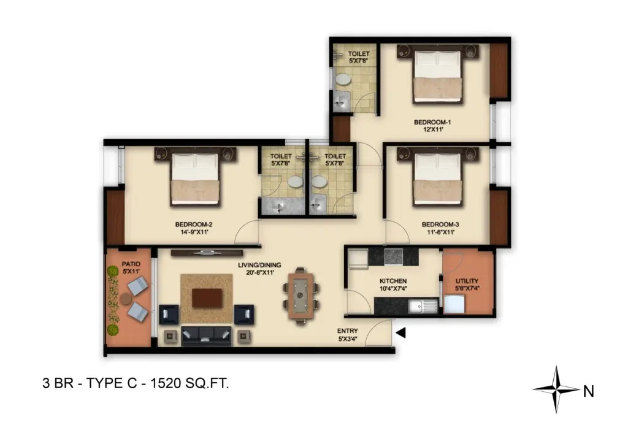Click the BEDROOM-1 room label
click(432, 122)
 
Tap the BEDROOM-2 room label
click(194, 224)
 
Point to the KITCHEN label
click(393, 281)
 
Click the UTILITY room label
click(467, 281)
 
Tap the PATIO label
click(131, 264)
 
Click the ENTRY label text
click(347, 331)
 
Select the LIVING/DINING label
click(259, 265)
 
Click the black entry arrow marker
click(401, 333)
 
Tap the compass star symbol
click(556, 389)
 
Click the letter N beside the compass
click(588, 391)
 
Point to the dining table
click(301, 296)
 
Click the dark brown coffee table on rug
click(207, 298)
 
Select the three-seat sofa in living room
click(206, 335)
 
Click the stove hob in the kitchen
click(393, 257)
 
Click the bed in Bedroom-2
click(196, 177)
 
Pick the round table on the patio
click(126, 298)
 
